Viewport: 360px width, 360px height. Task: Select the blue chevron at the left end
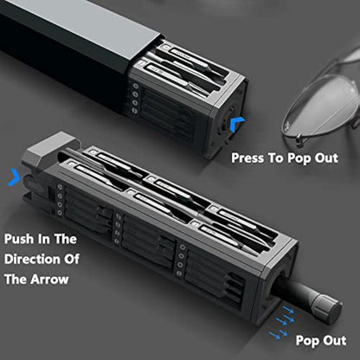11,178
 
